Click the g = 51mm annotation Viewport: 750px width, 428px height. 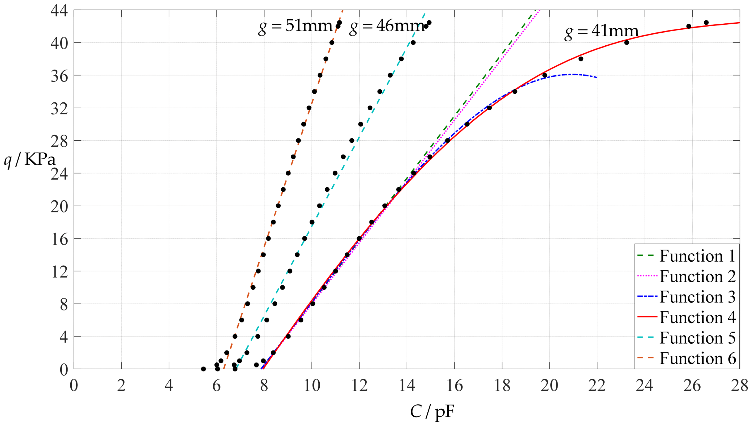point(295,27)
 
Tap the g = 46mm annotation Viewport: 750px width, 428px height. point(387,27)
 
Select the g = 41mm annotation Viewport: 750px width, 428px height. point(601,32)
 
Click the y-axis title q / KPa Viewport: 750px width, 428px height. point(29,160)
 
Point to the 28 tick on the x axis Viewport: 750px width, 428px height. point(739,385)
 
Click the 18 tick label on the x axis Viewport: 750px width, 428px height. point(502,385)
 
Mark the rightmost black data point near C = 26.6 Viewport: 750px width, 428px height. point(706,23)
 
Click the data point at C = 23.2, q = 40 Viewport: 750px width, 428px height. point(627,43)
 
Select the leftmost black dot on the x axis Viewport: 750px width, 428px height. point(203,369)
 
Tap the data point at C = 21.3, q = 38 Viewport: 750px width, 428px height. point(581,59)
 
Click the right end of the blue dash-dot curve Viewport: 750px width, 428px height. point(597,77)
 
